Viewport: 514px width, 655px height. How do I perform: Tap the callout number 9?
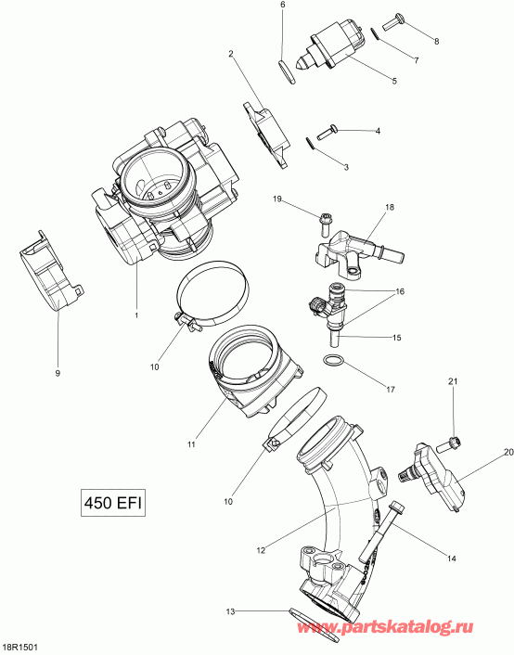(57, 373)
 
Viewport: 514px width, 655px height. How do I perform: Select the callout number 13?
(232, 612)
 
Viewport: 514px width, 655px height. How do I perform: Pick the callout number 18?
(391, 206)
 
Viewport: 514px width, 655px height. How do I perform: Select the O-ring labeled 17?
(333, 360)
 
